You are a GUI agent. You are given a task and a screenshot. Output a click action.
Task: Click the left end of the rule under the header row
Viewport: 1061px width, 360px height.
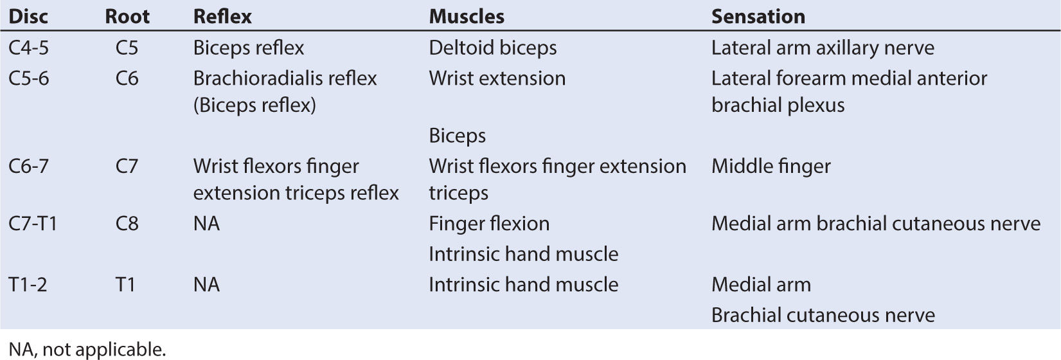point(1,32)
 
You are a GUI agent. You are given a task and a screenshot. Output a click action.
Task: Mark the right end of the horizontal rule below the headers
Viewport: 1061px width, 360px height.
point(1060,32)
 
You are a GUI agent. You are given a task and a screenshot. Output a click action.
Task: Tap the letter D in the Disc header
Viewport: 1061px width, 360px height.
point(15,17)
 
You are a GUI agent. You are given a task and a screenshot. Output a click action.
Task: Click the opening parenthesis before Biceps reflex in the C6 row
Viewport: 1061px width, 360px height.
point(196,105)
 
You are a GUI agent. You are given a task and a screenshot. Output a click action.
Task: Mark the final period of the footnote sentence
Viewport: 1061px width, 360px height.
point(164,355)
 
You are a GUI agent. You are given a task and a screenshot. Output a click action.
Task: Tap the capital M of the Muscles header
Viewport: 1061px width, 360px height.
point(439,17)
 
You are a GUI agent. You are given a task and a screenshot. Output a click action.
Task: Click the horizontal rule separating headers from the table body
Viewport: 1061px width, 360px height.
point(531,32)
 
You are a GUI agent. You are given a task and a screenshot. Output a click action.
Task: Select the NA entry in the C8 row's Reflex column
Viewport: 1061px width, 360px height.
point(206,224)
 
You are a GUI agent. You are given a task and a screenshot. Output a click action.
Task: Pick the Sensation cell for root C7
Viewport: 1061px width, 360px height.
point(771,166)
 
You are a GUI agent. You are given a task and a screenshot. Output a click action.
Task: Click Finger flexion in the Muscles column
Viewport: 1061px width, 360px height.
point(489,224)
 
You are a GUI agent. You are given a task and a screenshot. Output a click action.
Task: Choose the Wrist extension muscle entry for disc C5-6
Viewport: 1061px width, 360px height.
point(497,78)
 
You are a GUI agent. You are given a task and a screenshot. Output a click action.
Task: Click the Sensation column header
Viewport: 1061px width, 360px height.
point(758,17)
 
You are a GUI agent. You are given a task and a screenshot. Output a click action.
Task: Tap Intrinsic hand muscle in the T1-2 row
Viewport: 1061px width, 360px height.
point(523,285)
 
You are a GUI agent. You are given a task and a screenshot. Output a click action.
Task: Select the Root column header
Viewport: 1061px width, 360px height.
point(127,17)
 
